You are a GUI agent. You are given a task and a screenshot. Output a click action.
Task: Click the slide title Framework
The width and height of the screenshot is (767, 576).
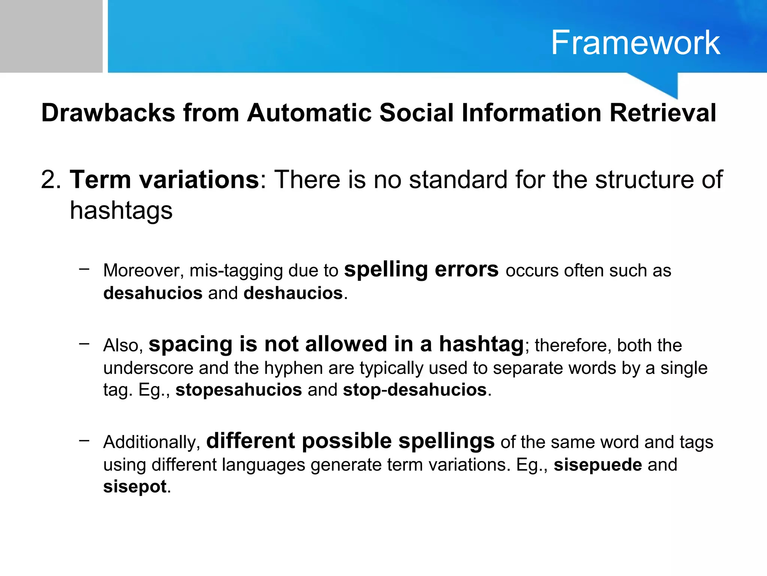click(x=635, y=42)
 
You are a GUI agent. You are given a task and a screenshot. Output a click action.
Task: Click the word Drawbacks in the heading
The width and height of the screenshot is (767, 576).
click(x=108, y=112)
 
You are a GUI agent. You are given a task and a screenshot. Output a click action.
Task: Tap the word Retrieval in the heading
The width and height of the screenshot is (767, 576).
click(x=663, y=112)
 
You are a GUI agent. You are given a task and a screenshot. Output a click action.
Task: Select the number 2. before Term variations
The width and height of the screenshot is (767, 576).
click(x=51, y=180)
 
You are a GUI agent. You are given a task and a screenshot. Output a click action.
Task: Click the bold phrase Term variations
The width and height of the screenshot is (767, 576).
click(x=164, y=180)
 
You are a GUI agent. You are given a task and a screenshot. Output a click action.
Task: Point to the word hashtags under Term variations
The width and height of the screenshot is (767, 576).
click(x=121, y=210)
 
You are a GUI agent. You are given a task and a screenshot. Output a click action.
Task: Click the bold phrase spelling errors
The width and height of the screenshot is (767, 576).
click(x=421, y=269)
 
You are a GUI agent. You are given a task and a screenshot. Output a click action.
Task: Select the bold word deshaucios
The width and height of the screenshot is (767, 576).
click(x=293, y=293)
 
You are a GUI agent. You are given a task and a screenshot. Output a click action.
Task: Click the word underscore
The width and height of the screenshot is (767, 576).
click(x=148, y=368)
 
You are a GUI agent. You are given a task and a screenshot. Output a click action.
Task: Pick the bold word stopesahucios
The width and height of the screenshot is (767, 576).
click(x=239, y=390)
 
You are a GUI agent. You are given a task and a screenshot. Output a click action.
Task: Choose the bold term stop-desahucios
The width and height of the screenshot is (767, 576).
click(x=415, y=390)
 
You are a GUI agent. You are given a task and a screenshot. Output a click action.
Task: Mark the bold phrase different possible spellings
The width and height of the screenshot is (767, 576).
click(x=350, y=441)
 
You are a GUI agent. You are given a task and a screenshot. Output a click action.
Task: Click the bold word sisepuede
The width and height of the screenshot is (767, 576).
click(x=598, y=465)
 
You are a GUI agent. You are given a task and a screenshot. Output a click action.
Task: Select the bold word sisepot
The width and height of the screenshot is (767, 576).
click(x=135, y=487)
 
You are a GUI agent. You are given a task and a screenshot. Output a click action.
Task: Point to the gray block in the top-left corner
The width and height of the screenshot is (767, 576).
click(x=51, y=36)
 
